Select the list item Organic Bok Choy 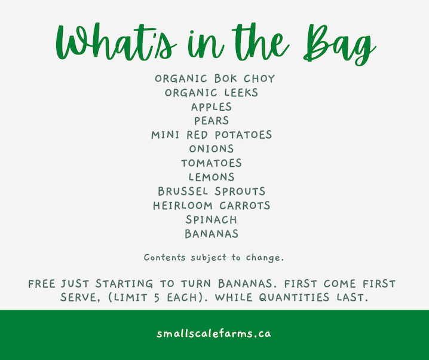tap(214, 78)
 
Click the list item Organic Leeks tap(212, 93)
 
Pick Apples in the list tap(212, 107)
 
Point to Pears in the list tap(212, 121)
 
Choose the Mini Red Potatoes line tap(212, 135)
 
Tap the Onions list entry tap(212, 149)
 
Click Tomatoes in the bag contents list tap(212, 163)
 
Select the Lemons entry tap(212, 177)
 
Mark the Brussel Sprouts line tap(212, 191)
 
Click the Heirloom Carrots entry tap(212, 206)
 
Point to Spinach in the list tap(212, 219)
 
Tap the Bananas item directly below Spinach tap(212, 234)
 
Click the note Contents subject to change tap(214, 258)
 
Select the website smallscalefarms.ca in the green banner tap(214, 334)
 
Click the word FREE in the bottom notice tap(42, 283)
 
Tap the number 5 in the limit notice tap(157, 298)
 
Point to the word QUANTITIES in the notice tap(294, 298)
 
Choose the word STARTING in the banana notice tap(124, 283)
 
